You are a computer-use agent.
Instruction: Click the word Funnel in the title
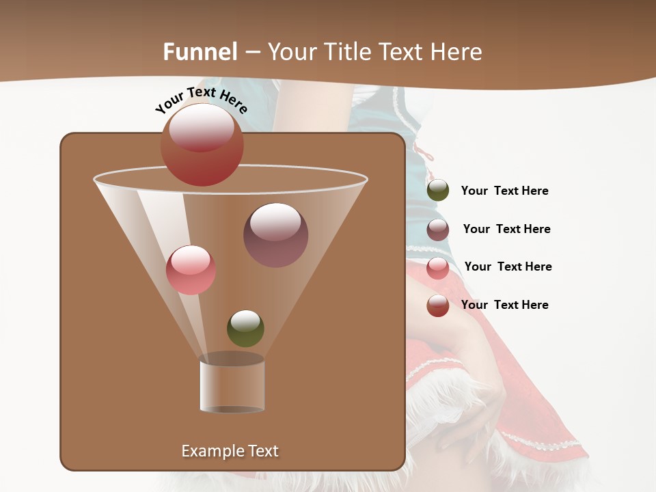tap(200, 52)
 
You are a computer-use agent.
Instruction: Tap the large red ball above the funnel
tap(202, 144)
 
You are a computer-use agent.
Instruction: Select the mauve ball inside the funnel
tap(275, 235)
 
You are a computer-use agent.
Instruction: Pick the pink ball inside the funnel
tap(191, 270)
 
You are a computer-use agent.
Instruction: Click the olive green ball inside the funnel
tap(245, 329)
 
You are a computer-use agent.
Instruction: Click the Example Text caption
tap(230, 451)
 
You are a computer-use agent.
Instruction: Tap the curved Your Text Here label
tap(201, 100)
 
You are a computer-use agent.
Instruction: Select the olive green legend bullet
tap(438, 191)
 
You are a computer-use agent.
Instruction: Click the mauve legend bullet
tap(438, 230)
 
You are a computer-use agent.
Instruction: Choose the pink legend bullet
tap(438, 268)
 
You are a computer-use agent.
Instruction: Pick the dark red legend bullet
tap(438, 305)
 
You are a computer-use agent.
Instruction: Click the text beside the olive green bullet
tap(504, 191)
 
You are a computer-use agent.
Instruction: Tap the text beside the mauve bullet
tap(506, 229)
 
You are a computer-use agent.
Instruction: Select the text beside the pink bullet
tap(508, 266)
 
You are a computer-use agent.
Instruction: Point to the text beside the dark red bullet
tap(504, 305)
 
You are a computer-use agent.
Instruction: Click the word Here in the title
tap(456, 52)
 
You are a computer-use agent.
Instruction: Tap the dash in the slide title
tap(252, 52)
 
